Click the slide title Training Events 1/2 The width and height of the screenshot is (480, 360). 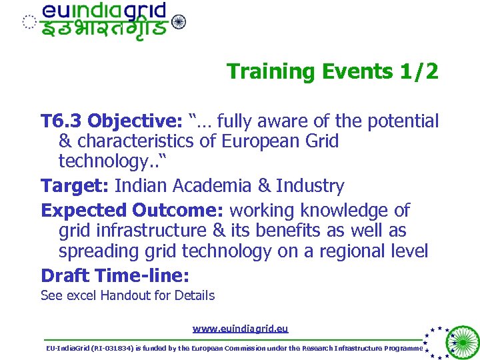(x=332, y=71)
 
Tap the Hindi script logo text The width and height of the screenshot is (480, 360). (x=104, y=30)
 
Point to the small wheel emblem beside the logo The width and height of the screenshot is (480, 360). (x=179, y=22)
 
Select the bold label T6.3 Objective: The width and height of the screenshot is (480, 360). (x=111, y=121)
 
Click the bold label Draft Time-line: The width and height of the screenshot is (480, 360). (x=115, y=275)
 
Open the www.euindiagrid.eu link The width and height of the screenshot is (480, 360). (x=240, y=328)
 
